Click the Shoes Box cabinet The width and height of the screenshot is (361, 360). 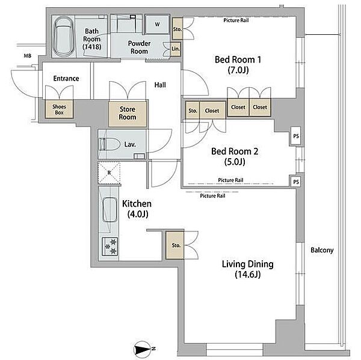59,109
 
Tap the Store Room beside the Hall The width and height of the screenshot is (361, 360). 128,114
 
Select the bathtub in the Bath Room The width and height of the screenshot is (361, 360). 63,37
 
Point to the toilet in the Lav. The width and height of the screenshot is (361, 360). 110,145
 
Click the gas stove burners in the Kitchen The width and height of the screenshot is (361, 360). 110,246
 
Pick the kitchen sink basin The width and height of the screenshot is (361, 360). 110,210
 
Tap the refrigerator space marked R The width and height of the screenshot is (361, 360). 109,172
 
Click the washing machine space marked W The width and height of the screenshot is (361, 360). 157,24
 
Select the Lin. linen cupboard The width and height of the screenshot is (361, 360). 176,49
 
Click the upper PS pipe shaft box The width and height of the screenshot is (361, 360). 296,136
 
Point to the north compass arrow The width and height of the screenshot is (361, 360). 143,349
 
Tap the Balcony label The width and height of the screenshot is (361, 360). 322,250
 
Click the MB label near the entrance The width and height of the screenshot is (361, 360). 28,56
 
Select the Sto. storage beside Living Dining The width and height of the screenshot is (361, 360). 175,245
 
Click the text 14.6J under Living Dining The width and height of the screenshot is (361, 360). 248,274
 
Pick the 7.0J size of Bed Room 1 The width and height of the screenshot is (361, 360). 238,70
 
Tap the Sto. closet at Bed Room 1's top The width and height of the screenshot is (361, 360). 177,29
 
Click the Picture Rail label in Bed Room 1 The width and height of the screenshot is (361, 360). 236,20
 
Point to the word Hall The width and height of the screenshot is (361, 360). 160,85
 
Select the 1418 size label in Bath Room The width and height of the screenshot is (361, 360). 92,47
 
